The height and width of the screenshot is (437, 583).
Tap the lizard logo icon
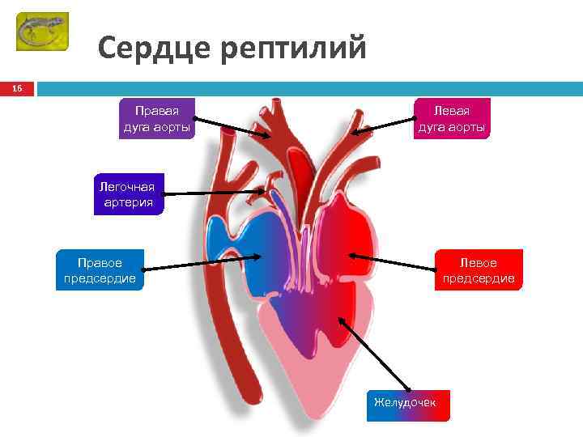pyautogui.click(x=42, y=32)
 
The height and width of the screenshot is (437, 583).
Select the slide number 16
pyautogui.click(x=16, y=88)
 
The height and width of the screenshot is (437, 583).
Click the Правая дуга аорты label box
pyautogui.click(x=157, y=118)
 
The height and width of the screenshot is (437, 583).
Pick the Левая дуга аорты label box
pyautogui.click(x=452, y=118)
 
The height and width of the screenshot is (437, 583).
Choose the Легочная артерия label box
pyautogui.click(x=127, y=194)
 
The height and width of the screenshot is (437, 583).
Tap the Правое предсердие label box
pyautogui.click(x=100, y=270)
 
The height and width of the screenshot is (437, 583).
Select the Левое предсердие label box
pyautogui.click(x=479, y=270)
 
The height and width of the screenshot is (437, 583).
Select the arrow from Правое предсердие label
pyautogui.click(x=202, y=262)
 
